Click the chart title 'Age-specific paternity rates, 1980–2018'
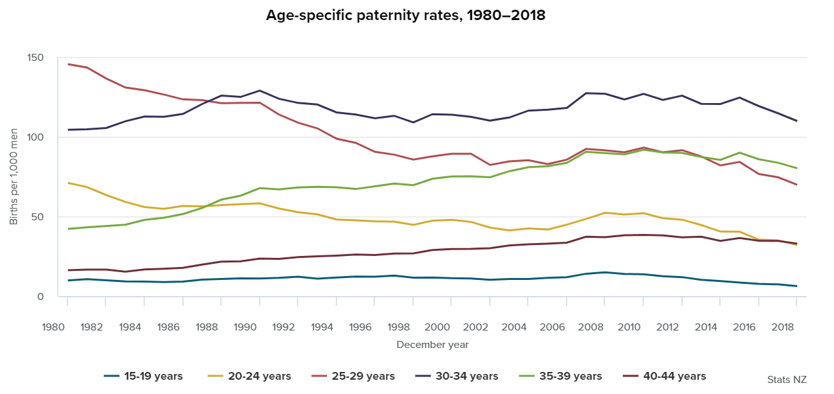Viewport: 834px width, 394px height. (x=406, y=16)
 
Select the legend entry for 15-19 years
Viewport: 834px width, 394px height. (x=143, y=377)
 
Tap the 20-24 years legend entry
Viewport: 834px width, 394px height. (x=249, y=377)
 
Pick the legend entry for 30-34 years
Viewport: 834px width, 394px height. (x=456, y=377)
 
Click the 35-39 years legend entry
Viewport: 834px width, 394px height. (x=560, y=377)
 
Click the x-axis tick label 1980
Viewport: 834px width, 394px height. (x=54, y=327)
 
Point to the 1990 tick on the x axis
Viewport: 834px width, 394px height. (x=245, y=327)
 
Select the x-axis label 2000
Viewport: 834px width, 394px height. (x=436, y=327)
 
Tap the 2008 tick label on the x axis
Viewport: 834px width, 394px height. (x=590, y=327)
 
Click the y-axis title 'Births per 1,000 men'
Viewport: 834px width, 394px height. (x=14, y=177)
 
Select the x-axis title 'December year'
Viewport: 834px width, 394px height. (x=432, y=345)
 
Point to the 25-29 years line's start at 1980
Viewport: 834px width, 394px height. (x=68, y=64)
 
